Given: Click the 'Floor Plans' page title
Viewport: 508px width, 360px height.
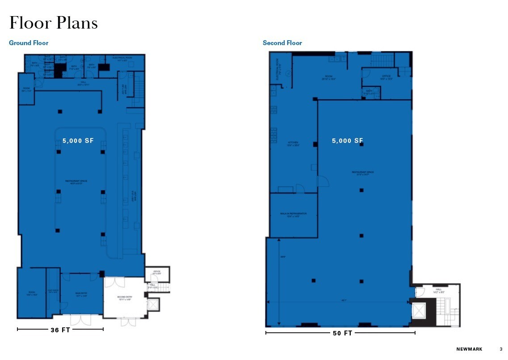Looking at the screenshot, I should [x=54, y=23].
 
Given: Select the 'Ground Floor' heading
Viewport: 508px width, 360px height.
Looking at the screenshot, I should [x=29, y=43].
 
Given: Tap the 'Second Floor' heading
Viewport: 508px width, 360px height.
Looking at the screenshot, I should [x=282, y=43].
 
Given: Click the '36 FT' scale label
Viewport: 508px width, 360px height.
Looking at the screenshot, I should [x=60, y=330].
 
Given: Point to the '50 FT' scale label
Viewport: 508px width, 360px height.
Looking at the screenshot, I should [x=342, y=333].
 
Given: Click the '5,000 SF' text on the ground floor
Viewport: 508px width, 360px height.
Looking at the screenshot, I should [x=78, y=140].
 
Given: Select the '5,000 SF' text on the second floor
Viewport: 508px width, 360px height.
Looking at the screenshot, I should [x=347, y=141].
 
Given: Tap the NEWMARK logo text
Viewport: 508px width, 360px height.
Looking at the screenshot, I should [x=469, y=349].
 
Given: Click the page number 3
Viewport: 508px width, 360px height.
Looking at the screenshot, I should [x=501, y=349].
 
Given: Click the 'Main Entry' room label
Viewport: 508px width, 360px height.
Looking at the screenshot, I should [x=81, y=295].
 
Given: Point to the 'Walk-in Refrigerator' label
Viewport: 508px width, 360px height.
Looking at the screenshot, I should [x=294, y=214].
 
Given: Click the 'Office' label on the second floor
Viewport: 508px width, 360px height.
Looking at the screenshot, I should [x=386, y=77].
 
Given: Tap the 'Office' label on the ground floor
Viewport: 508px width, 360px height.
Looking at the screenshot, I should [x=157, y=272].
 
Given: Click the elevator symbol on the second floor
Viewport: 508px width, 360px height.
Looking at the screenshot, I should [x=419, y=311].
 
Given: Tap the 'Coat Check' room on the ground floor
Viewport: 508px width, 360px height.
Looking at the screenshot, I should [x=53, y=291].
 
